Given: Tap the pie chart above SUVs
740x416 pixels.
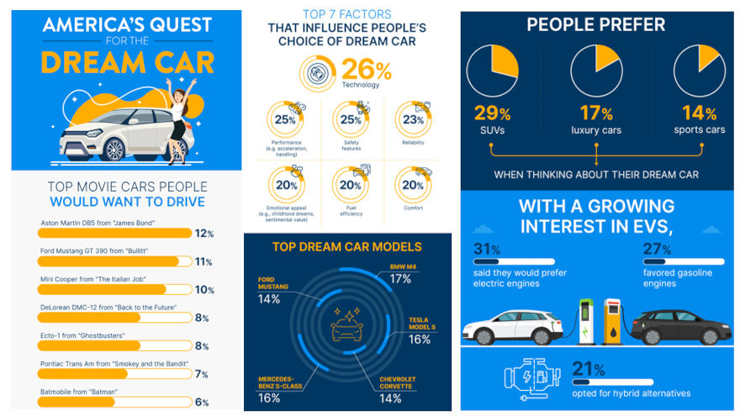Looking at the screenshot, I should [x=493, y=71].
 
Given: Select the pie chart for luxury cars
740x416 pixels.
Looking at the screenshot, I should [x=595, y=71].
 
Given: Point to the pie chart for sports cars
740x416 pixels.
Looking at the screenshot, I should [x=699, y=71].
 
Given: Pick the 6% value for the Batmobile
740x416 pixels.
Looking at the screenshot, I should [x=203, y=403].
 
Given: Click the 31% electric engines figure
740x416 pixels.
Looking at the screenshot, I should [x=487, y=250].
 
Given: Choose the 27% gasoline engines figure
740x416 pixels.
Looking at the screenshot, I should [x=655, y=250].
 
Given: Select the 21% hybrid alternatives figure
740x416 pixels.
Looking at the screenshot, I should [x=582, y=369].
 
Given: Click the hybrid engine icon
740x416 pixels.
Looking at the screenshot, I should [x=530, y=377].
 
